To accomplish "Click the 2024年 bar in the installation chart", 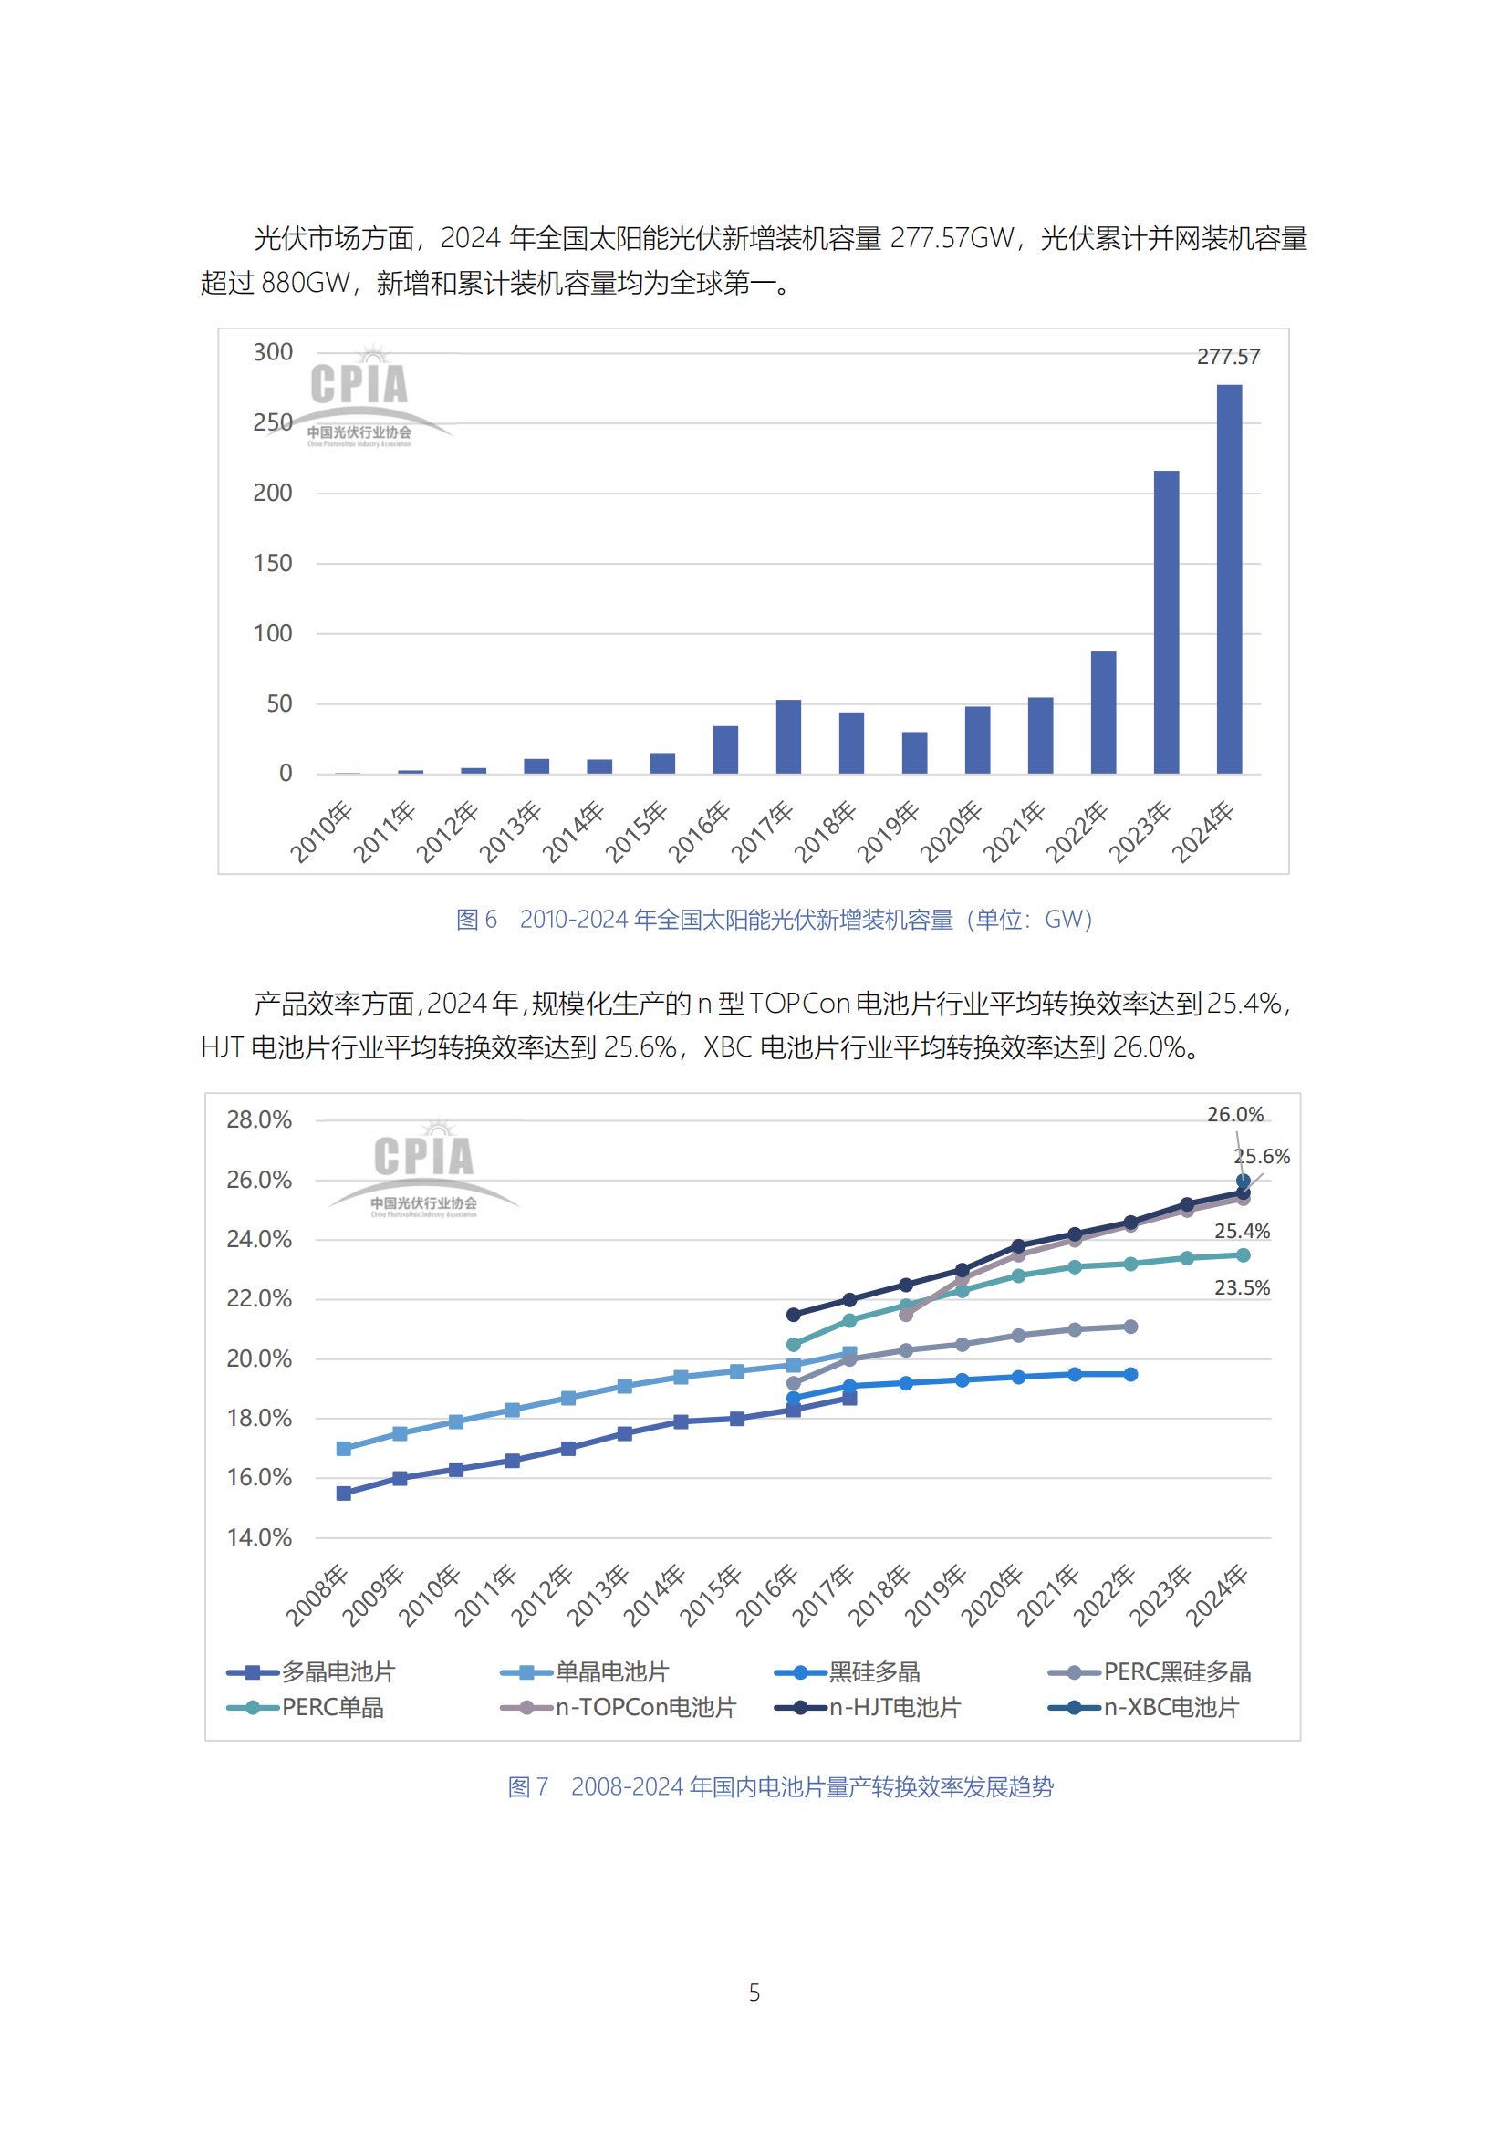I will point(1228,578).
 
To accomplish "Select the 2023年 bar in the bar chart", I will point(1166,622).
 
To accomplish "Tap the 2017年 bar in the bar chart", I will point(788,736).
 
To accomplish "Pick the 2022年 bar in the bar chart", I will point(1103,712).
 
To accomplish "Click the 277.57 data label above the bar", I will point(1227,357).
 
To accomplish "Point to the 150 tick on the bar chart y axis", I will point(272,563).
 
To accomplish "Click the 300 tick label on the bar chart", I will point(272,352).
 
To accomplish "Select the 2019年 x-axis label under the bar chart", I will point(889,831).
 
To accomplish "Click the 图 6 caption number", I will point(475,921).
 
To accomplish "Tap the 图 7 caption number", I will point(526,1787).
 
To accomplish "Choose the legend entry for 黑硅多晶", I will point(848,1672).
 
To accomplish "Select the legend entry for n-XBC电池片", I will point(1144,1707).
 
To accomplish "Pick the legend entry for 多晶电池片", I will point(311,1672).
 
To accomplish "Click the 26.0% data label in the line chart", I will point(1234,1114).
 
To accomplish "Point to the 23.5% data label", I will point(1242,1288).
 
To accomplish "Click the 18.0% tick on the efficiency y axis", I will point(258,1419).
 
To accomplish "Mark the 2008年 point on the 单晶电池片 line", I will point(344,1449).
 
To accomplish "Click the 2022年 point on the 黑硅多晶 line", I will point(1130,1375).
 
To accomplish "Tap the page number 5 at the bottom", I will point(754,1993).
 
